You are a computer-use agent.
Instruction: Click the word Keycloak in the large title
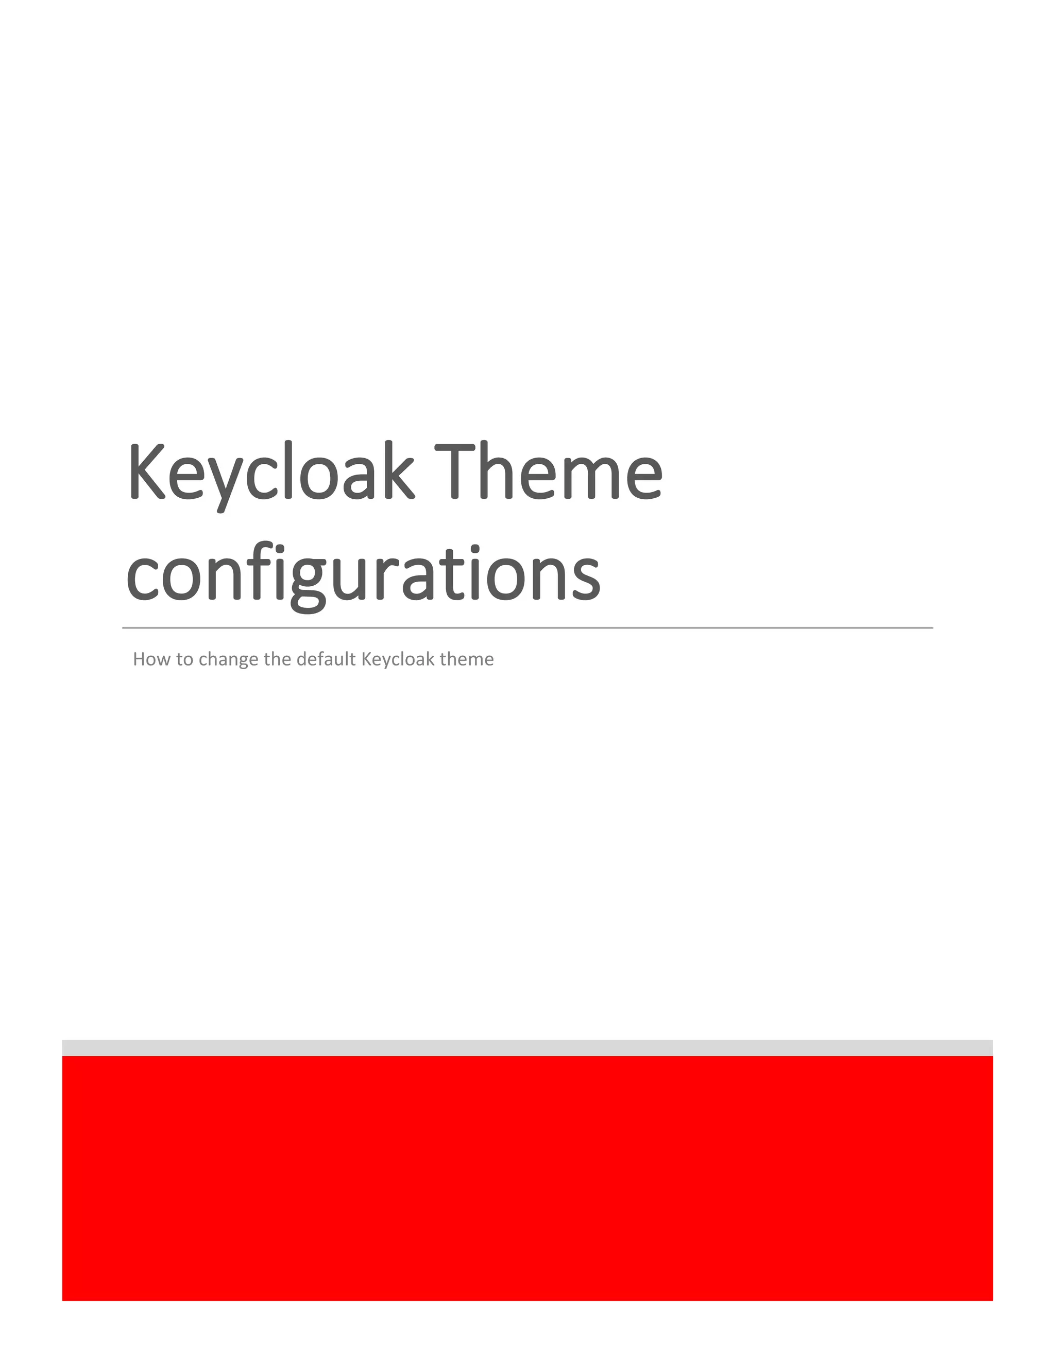[270, 474]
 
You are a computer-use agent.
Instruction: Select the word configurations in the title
[363, 573]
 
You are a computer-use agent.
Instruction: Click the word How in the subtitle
[147, 659]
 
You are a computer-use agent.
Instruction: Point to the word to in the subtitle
[184, 659]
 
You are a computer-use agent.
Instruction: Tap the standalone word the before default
[278, 659]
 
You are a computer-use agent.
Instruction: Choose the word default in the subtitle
[326, 659]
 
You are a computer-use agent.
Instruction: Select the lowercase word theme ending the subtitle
[467, 659]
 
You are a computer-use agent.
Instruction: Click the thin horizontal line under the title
[527, 627]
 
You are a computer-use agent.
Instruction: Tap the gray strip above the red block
[527, 1047]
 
